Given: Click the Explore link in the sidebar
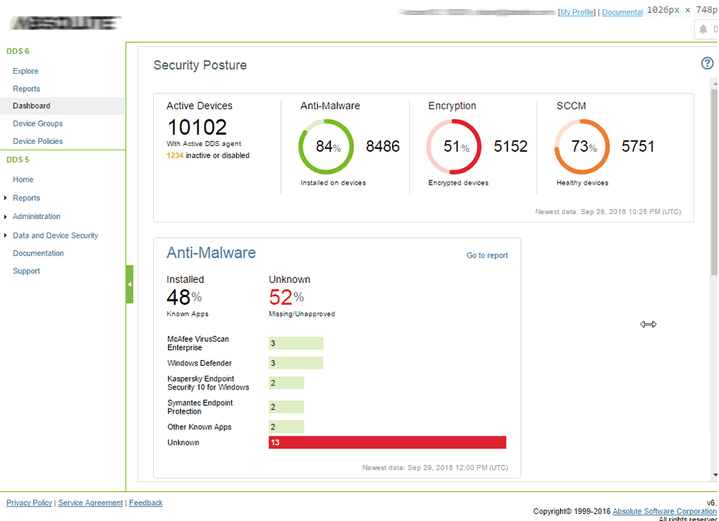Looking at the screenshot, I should coord(26,71).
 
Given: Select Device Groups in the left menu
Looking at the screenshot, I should coord(37,124).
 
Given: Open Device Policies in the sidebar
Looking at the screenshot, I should coord(37,141).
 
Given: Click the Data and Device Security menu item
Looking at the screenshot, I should coord(55,235).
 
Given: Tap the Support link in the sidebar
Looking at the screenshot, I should coord(26,271).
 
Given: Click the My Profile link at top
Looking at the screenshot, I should coord(577,12).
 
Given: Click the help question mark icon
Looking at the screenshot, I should coord(707,64).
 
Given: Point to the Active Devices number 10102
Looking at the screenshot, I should coord(197,127).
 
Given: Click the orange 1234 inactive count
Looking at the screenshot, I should coord(175,155).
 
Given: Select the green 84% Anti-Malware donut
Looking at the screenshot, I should coord(326,147).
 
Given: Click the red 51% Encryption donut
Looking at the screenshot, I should coord(454,147).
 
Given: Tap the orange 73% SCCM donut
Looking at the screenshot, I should coord(582,147).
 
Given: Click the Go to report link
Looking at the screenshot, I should coord(486,255).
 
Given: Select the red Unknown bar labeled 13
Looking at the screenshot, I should coord(387,443).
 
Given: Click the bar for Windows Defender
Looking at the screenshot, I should coord(295,364).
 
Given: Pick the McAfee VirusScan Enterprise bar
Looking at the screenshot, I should coord(295,344).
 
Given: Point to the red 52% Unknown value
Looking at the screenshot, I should coord(285,296).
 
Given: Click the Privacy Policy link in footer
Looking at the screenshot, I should coord(29,503).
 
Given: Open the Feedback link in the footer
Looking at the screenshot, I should coord(146,503).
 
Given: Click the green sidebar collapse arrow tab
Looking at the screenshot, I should coord(129,284).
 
